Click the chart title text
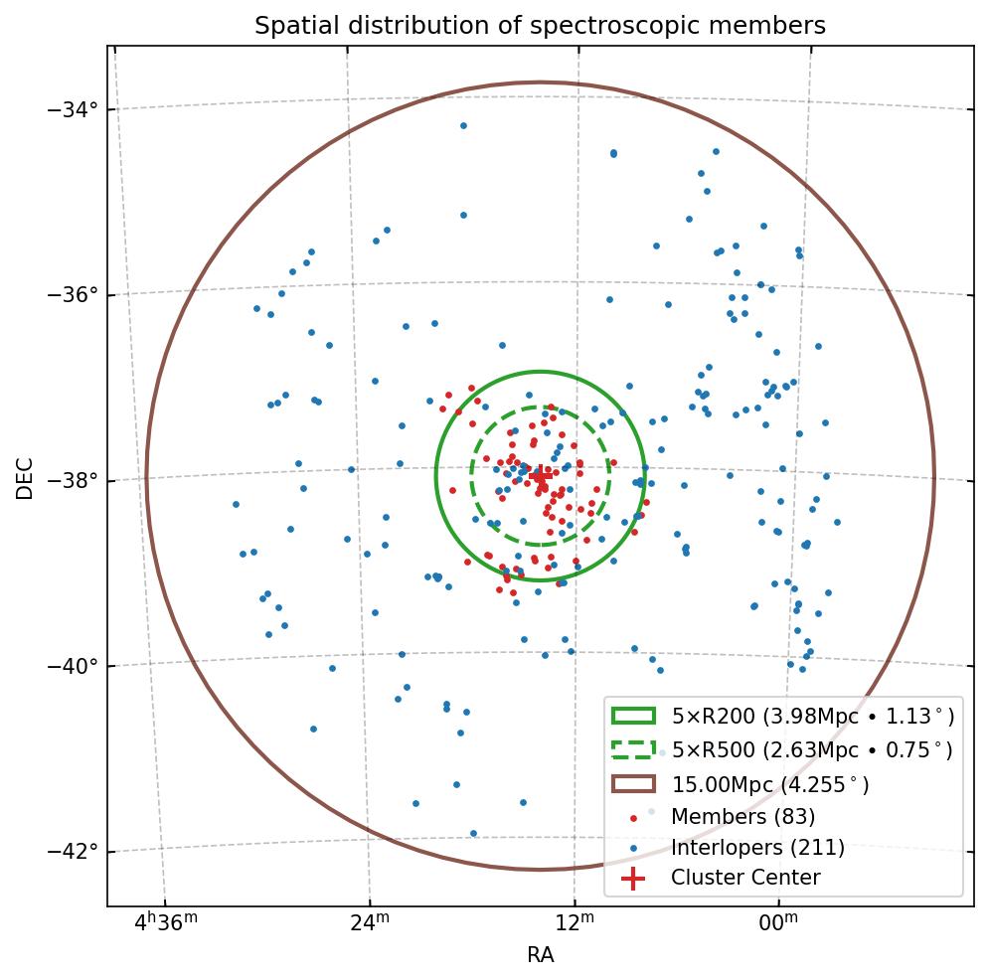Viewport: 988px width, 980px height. point(540,26)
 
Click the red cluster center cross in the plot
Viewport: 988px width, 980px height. point(540,476)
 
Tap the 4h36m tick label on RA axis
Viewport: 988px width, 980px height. point(165,923)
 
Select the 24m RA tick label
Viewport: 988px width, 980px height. point(369,923)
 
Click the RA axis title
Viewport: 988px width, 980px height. point(540,955)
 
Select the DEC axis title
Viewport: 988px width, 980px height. point(25,477)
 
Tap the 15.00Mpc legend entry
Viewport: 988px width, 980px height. point(770,784)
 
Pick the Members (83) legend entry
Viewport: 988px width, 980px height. point(742,817)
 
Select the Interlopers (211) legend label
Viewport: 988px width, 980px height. point(757,848)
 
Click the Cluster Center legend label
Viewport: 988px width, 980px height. point(745,878)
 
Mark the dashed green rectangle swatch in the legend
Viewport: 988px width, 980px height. point(633,749)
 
